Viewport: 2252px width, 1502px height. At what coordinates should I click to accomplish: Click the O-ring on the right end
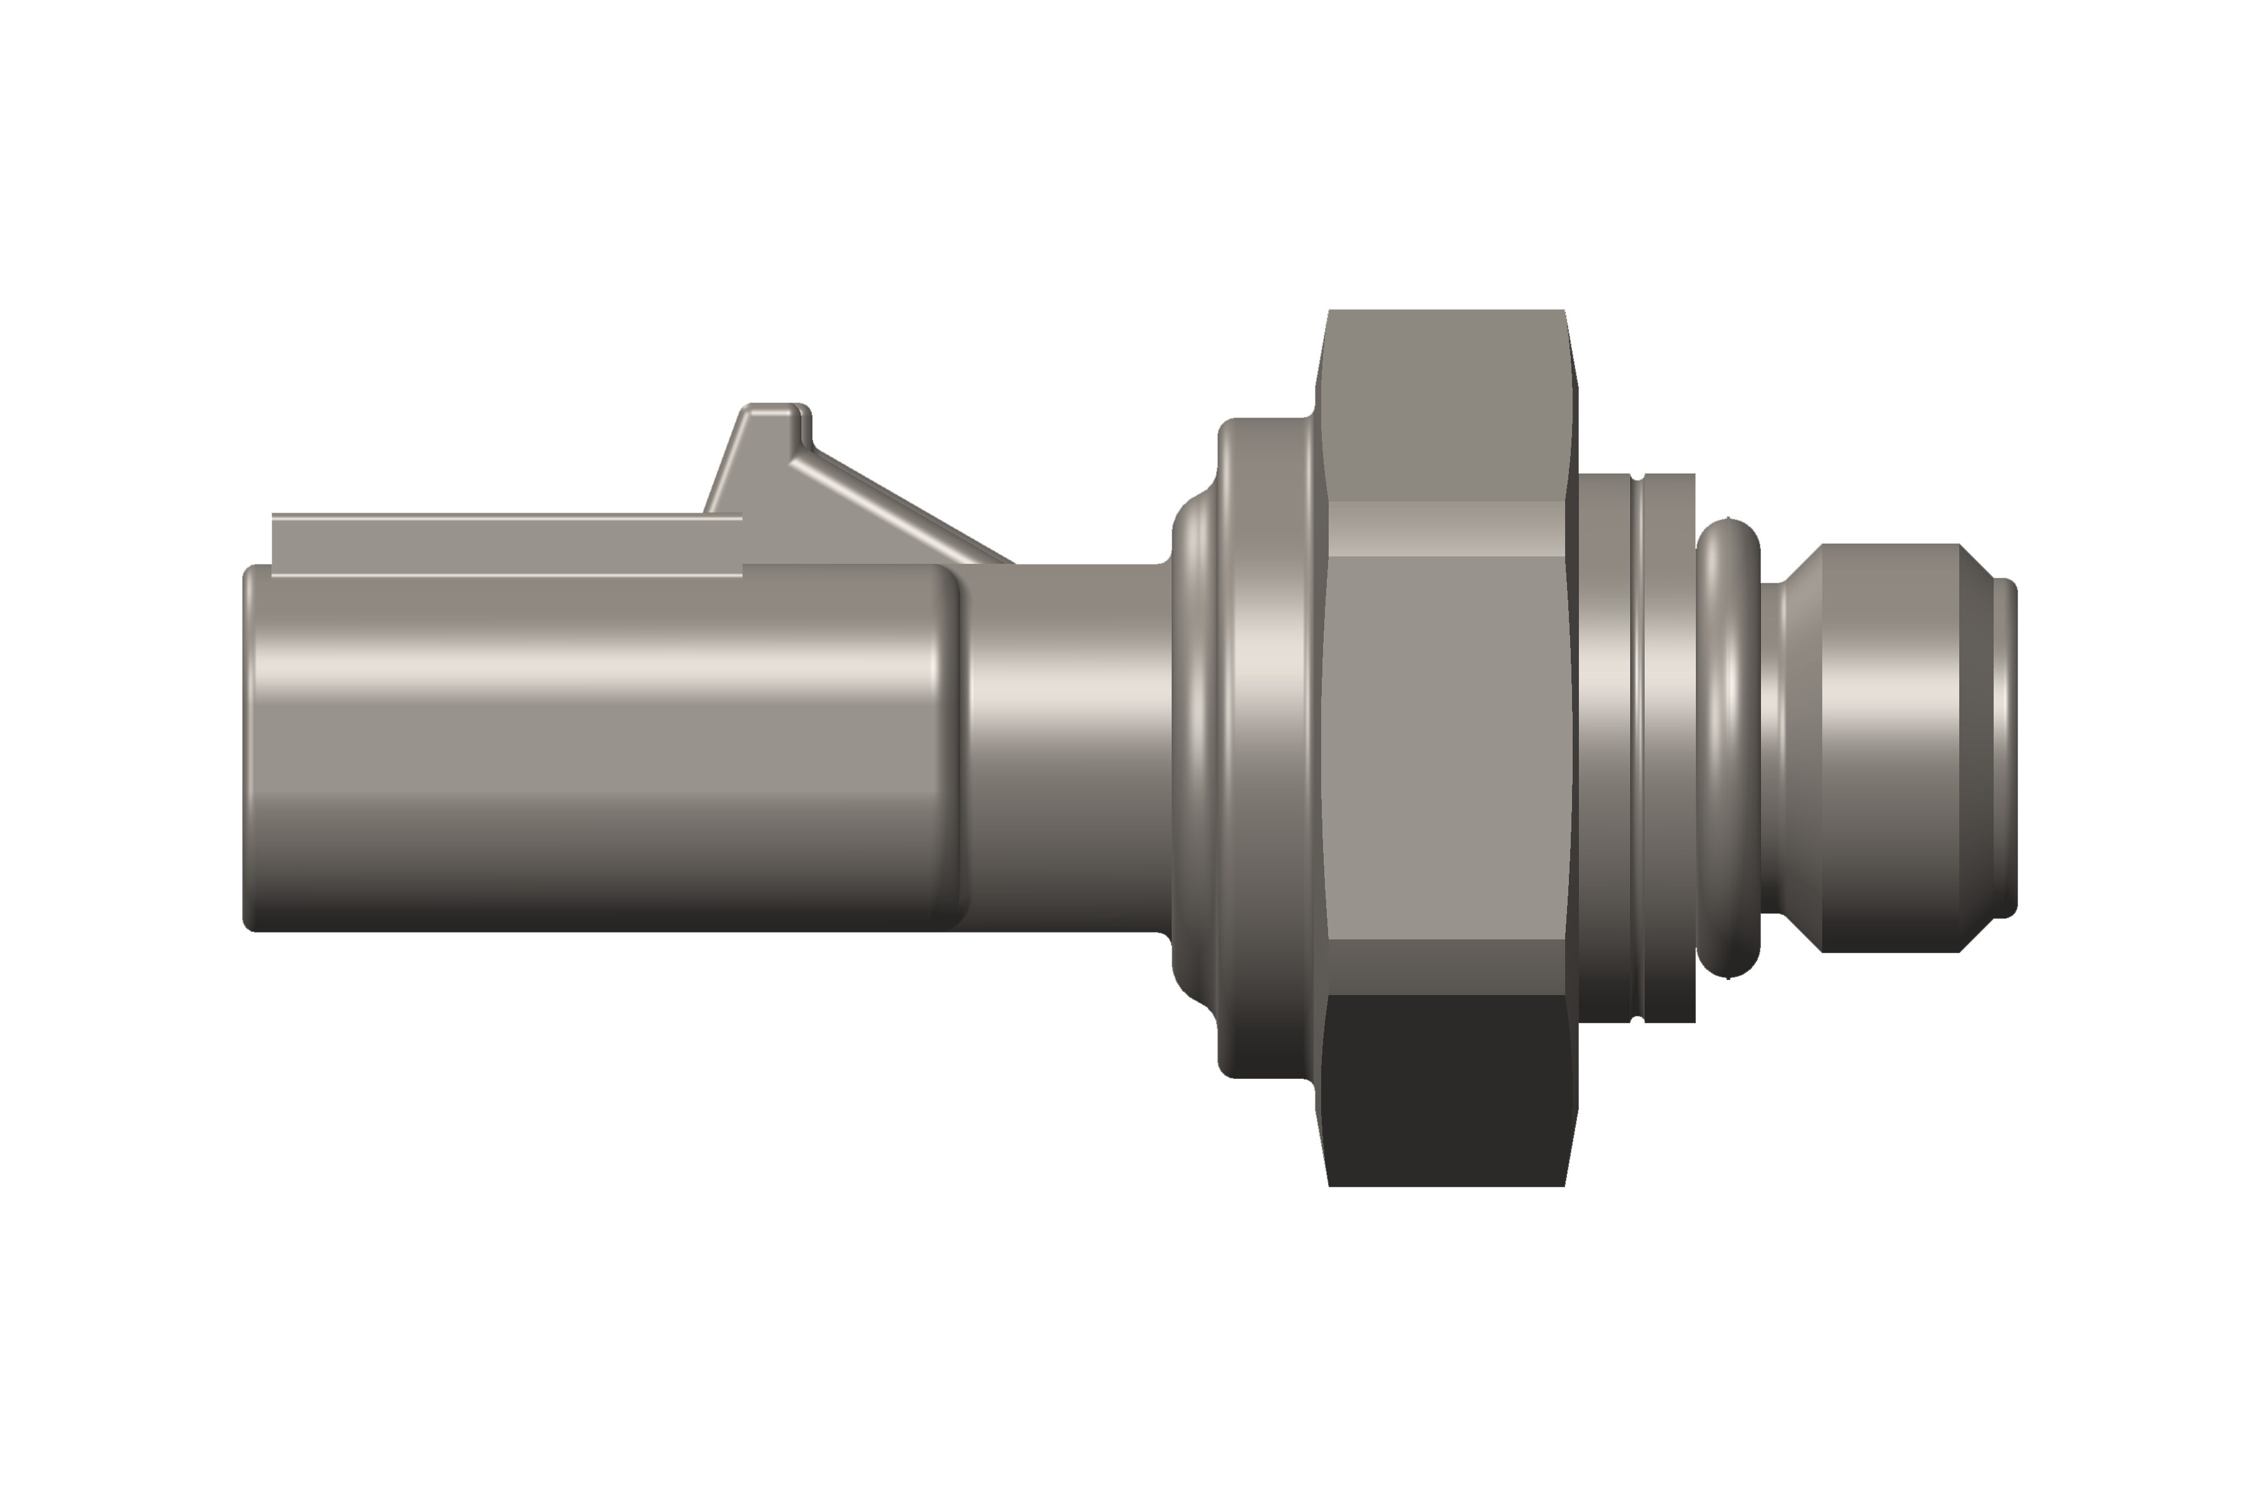click(1728, 747)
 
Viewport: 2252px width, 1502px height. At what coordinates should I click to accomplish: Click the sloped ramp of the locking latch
click(900, 508)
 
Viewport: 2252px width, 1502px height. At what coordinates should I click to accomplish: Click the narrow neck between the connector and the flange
click(1068, 747)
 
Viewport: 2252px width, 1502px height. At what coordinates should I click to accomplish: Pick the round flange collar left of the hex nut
click(1264, 747)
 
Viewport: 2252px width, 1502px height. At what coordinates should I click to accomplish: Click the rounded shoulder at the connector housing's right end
click(951, 747)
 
